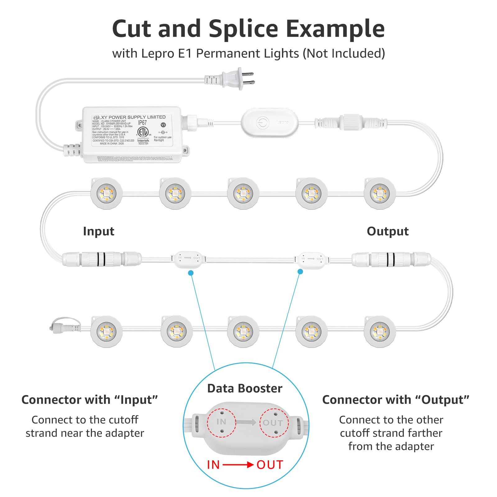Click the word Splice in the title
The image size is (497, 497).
(x=243, y=29)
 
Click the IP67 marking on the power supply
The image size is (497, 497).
(x=142, y=123)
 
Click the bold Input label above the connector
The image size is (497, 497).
(x=98, y=231)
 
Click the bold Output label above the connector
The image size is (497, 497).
(x=387, y=231)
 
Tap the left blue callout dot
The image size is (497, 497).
(x=191, y=273)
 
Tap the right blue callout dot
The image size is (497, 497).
(x=300, y=271)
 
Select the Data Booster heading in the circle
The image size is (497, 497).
(x=245, y=389)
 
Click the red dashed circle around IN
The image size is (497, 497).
(x=221, y=422)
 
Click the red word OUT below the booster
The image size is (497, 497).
(x=270, y=465)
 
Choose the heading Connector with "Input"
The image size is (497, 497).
(x=89, y=400)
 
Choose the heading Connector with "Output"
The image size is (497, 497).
(x=395, y=400)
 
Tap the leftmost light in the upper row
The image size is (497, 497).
(x=106, y=194)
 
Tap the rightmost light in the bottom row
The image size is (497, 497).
(x=379, y=331)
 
